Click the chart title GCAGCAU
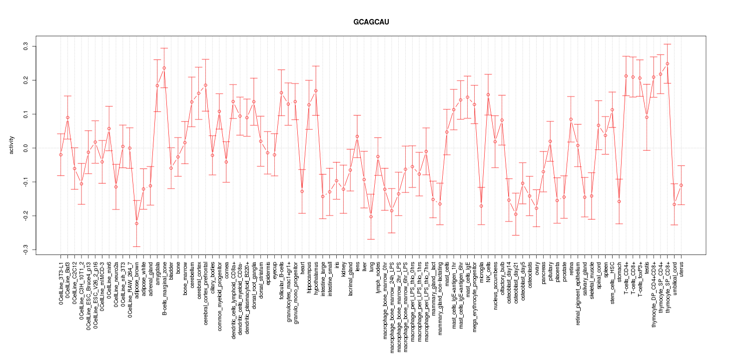point(370,22)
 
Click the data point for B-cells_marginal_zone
point(164,68)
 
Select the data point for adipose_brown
point(136,223)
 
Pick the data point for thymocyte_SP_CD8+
point(667,63)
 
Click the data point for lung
point(371,216)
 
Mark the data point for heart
point(302,191)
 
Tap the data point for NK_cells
point(488,94)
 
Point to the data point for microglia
point(481,206)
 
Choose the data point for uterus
point(681,185)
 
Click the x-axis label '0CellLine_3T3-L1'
point(61,282)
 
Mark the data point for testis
point(647,117)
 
